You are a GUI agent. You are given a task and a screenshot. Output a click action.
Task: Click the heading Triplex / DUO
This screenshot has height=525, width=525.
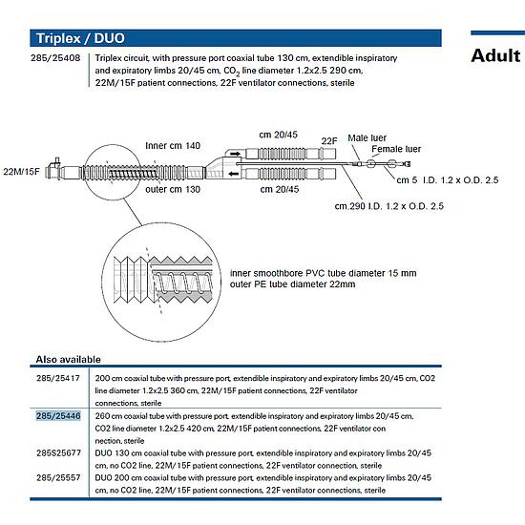[80, 38]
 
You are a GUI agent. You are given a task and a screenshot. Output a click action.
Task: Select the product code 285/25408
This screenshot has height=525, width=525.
[55, 58]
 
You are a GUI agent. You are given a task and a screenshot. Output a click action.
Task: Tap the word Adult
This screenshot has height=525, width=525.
[495, 55]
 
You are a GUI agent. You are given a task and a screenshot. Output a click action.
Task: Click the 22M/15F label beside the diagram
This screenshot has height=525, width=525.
[21, 172]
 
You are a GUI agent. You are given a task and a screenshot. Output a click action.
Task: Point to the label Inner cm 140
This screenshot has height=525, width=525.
[173, 146]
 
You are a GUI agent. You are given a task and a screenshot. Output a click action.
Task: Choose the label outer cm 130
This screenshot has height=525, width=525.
[173, 189]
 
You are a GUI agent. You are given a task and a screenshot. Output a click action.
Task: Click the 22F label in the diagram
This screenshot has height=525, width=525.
[329, 141]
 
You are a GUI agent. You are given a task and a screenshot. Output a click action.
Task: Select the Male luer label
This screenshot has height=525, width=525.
[367, 138]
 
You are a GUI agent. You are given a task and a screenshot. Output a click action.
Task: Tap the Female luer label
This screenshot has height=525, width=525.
[396, 149]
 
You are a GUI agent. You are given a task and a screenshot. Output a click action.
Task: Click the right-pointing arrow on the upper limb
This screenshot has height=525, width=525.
[236, 154]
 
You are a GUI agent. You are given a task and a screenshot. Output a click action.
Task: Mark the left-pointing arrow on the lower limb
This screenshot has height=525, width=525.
[234, 174]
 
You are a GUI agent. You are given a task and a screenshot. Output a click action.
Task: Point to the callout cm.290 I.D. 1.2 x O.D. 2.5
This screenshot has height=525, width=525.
[389, 206]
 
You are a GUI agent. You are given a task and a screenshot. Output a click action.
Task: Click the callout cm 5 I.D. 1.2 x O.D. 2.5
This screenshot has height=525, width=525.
[448, 180]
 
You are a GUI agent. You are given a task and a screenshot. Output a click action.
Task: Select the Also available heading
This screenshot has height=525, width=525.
[69, 359]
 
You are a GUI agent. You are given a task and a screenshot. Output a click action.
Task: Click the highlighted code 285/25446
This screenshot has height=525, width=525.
[58, 416]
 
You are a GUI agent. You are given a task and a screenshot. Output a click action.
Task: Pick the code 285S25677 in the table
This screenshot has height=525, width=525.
[58, 452]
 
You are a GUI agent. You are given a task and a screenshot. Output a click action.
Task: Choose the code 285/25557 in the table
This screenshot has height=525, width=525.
[58, 477]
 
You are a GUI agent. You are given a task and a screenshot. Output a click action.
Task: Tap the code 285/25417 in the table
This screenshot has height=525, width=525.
[58, 378]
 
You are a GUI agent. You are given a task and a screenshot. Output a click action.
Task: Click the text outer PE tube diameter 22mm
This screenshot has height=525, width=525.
[292, 284]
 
